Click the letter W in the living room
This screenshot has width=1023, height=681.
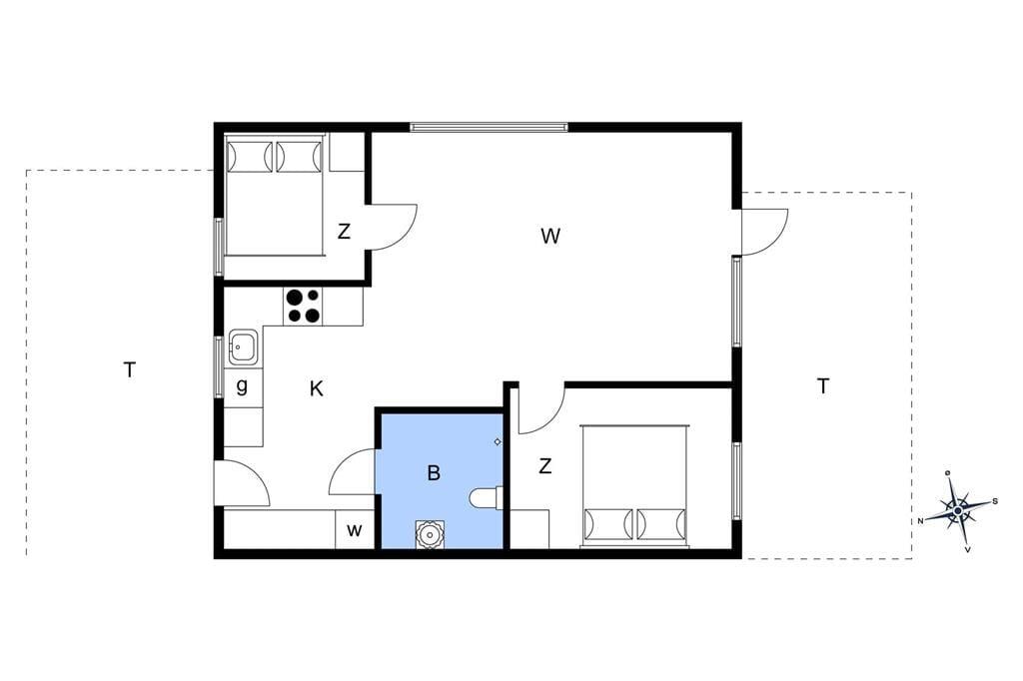550,236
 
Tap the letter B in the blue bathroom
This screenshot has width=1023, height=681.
434,472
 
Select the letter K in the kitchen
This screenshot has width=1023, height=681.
317,389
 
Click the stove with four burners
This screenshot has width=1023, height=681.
304,306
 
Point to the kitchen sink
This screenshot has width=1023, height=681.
244,347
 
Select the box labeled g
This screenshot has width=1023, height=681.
243,387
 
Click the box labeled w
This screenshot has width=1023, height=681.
355,529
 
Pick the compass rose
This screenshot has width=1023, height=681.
957,510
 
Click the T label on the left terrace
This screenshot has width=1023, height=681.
130,370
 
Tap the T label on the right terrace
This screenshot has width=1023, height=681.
823,386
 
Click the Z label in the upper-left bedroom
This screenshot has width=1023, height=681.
344,231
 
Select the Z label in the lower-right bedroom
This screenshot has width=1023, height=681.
545,465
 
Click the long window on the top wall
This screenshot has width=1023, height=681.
490,127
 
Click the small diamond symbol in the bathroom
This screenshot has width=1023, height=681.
498,441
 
